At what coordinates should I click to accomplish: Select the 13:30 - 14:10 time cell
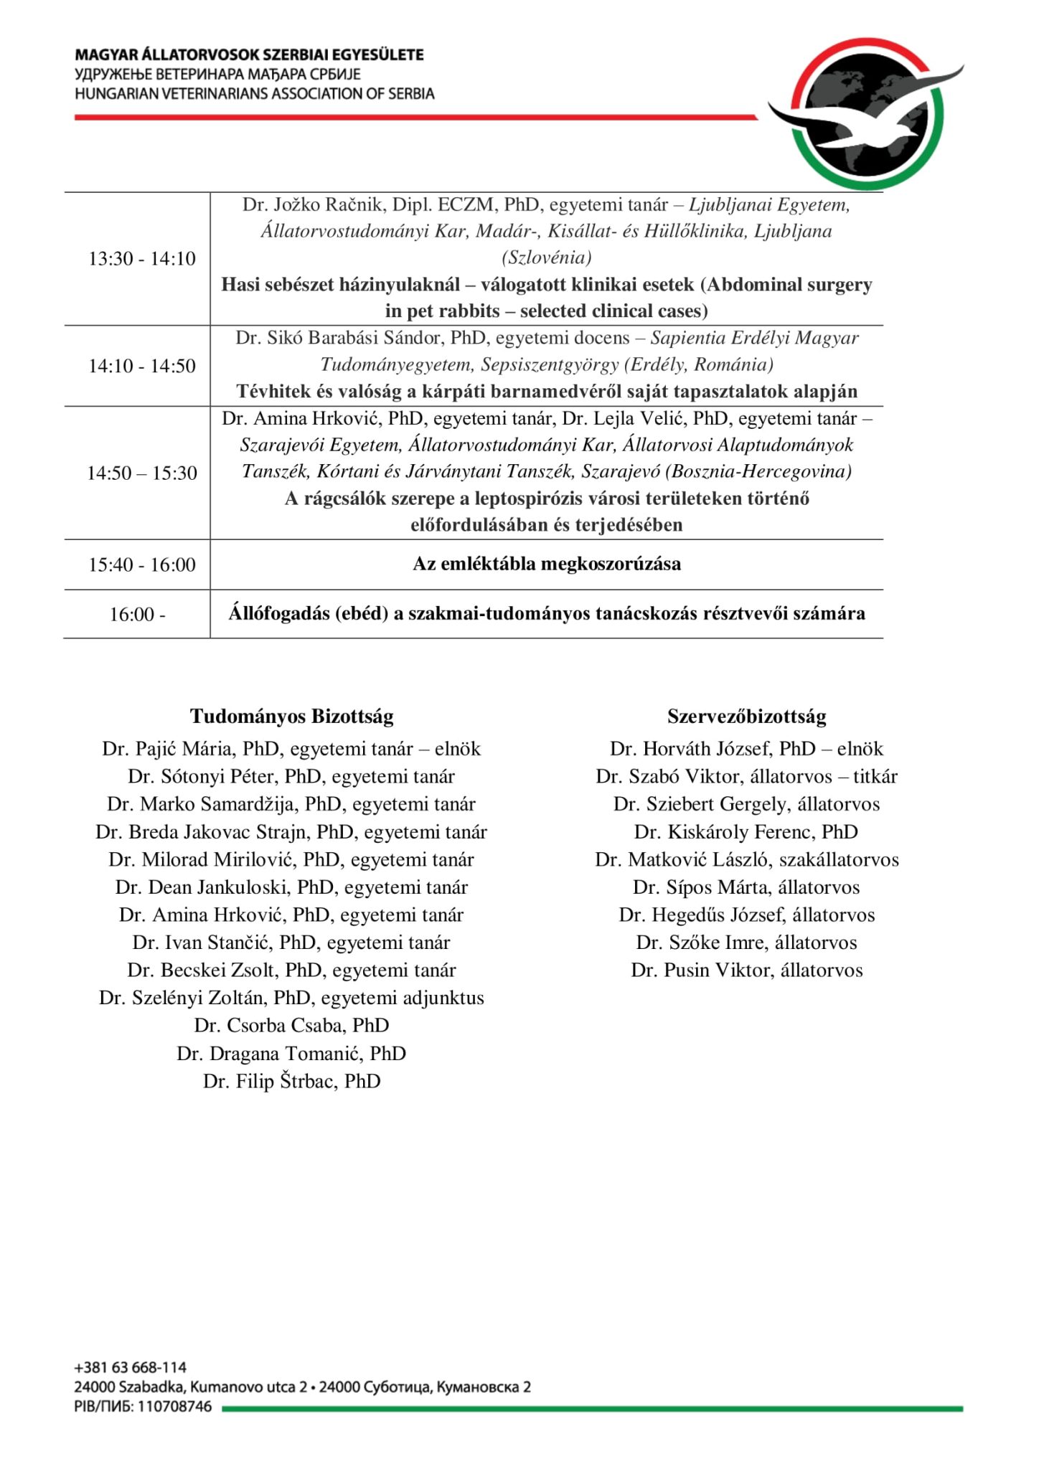point(142,258)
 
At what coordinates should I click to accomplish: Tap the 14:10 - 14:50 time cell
point(142,366)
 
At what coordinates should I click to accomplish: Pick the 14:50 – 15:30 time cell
point(142,473)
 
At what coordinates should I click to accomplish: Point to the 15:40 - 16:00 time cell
point(142,565)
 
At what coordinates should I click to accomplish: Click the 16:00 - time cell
point(138,615)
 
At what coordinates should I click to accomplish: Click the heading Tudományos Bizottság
point(291,716)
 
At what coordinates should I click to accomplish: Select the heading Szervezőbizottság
point(746,716)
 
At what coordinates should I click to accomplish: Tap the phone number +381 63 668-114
point(130,1367)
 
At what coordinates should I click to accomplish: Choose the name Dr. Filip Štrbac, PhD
point(291,1081)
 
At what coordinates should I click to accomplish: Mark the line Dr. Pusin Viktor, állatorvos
point(746,970)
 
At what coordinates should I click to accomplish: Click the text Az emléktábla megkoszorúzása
point(546,564)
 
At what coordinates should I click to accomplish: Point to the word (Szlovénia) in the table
point(546,258)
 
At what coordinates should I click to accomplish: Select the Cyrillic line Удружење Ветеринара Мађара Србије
point(217,74)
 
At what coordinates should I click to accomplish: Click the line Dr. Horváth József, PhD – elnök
point(746,749)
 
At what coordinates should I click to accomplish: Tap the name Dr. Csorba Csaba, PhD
point(291,1026)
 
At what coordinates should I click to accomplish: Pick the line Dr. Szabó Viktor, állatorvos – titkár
point(746,777)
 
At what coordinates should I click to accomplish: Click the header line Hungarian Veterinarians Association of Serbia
point(254,93)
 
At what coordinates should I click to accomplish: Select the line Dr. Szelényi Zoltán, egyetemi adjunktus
point(291,998)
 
